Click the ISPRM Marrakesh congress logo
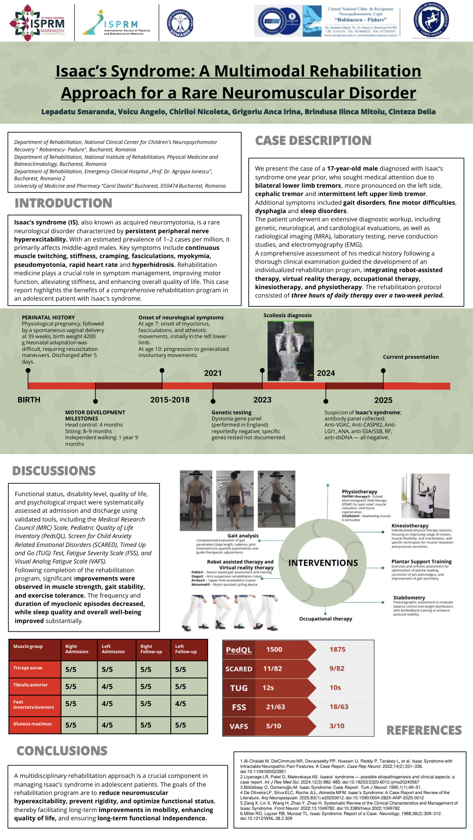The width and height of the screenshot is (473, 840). click(x=37, y=22)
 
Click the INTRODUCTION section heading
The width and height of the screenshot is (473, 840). click(x=64, y=203)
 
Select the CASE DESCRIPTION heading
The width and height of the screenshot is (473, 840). click(x=313, y=140)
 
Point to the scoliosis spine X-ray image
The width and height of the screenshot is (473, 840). click(x=291, y=351)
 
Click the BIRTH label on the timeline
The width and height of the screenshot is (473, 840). click(x=29, y=400)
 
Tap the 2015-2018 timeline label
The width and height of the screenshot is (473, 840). click(x=170, y=400)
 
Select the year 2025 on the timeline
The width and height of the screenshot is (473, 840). click(x=383, y=400)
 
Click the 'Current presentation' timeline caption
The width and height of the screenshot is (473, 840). click(x=411, y=357)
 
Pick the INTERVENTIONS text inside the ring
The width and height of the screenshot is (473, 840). click(x=323, y=563)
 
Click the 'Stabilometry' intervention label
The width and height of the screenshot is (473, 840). click(x=409, y=598)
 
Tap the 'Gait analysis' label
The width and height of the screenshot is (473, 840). click(x=243, y=535)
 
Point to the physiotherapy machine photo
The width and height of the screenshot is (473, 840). click(x=425, y=496)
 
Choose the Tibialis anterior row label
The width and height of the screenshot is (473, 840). click(x=31, y=685)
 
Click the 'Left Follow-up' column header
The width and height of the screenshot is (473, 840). click(x=186, y=649)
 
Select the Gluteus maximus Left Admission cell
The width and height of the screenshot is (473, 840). click(x=107, y=725)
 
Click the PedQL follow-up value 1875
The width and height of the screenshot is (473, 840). click(x=338, y=650)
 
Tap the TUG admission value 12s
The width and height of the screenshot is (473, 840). click(x=268, y=688)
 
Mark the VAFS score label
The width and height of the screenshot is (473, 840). click(x=239, y=726)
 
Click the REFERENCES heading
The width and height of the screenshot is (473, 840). click(x=424, y=730)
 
